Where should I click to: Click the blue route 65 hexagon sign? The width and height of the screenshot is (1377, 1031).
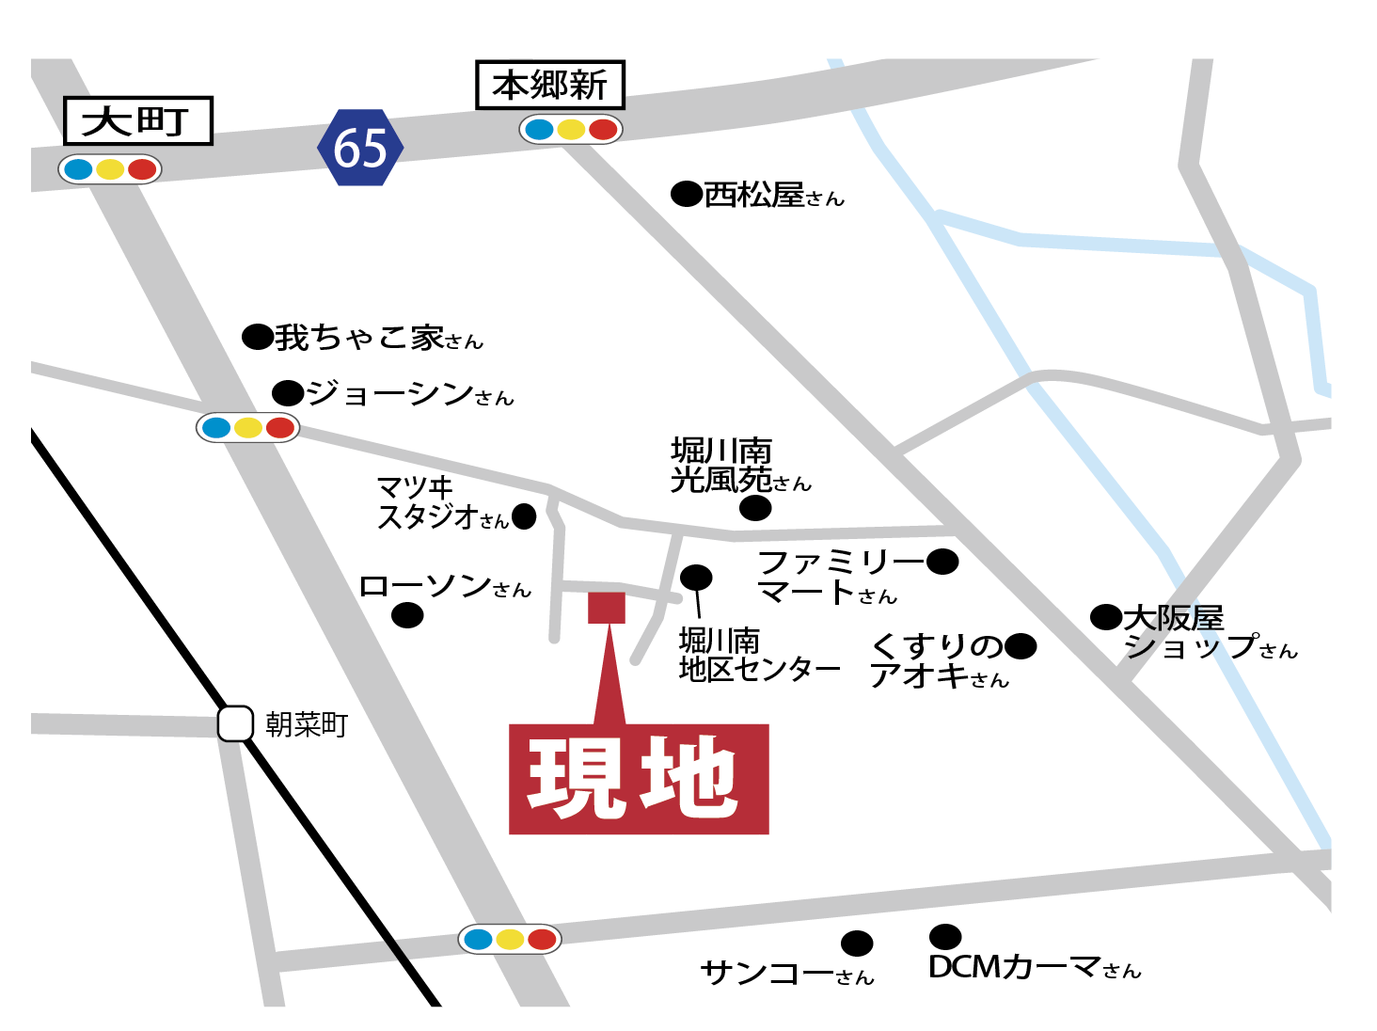click(x=360, y=148)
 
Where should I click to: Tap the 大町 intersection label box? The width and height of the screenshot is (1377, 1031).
click(x=137, y=120)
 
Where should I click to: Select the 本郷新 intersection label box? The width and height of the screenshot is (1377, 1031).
click(x=549, y=85)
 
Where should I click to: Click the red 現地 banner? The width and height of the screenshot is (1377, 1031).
click(x=639, y=779)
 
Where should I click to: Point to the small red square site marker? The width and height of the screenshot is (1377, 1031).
click(x=607, y=608)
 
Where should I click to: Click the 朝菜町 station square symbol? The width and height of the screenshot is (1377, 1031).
click(x=235, y=723)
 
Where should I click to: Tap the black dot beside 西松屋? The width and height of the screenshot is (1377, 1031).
click(x=687, y=194)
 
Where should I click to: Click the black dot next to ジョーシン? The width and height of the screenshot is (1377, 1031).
click(x=288, y=392)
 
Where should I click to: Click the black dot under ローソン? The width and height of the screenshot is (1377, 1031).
click(x=407, y=615)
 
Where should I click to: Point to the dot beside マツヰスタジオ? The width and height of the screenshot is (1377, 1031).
click(x=524, y=515)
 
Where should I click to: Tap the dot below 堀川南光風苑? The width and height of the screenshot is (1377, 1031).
click(x=755, y=508)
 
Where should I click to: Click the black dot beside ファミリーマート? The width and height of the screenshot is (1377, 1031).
click(x=942, y=562)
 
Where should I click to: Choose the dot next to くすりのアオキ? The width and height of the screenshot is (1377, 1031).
click(x=1021, y=646)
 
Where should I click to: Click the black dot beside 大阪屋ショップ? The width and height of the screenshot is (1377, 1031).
click(x=1106, y=617)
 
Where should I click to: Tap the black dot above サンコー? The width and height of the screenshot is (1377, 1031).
click(x=857, y=943)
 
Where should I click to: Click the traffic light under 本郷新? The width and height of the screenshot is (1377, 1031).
click(x=571, y=129)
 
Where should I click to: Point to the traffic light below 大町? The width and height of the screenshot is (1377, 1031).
click(x=110, y=169)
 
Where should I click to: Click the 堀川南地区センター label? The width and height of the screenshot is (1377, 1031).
click(x=758, y=655)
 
